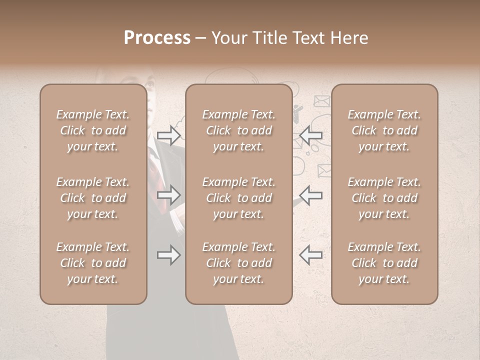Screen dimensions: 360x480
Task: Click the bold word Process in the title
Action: coord(157,38)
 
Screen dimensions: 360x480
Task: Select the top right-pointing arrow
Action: coord(168,135)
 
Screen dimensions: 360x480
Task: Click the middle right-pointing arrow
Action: coord(168,194)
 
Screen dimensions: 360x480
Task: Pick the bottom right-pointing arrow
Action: coord(168,255)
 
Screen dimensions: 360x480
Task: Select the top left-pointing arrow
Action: coord(311,135)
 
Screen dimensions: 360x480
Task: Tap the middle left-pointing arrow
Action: coord(311,194)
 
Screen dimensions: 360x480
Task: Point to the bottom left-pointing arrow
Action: coord(311,255)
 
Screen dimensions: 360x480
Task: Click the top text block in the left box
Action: coord(93,130)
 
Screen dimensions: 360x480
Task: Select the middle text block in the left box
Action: coord(93,198)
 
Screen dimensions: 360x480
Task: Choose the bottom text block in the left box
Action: coord(93,263)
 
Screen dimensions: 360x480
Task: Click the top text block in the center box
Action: coord(238,130)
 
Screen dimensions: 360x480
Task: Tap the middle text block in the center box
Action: coord(238,198)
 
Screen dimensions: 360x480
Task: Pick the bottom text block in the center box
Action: coord(238,263)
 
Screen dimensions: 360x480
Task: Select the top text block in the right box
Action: coord(384,130)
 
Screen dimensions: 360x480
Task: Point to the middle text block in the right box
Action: coord(384,198)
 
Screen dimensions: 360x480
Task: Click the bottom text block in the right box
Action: coord(384,263)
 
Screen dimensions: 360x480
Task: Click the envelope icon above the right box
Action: coord(321,101)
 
